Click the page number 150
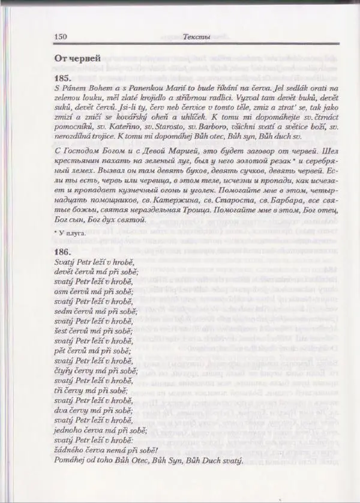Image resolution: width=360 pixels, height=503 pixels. (60, 37)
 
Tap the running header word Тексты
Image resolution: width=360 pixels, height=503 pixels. (196, 37)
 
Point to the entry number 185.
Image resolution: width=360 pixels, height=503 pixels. (62, 78)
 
